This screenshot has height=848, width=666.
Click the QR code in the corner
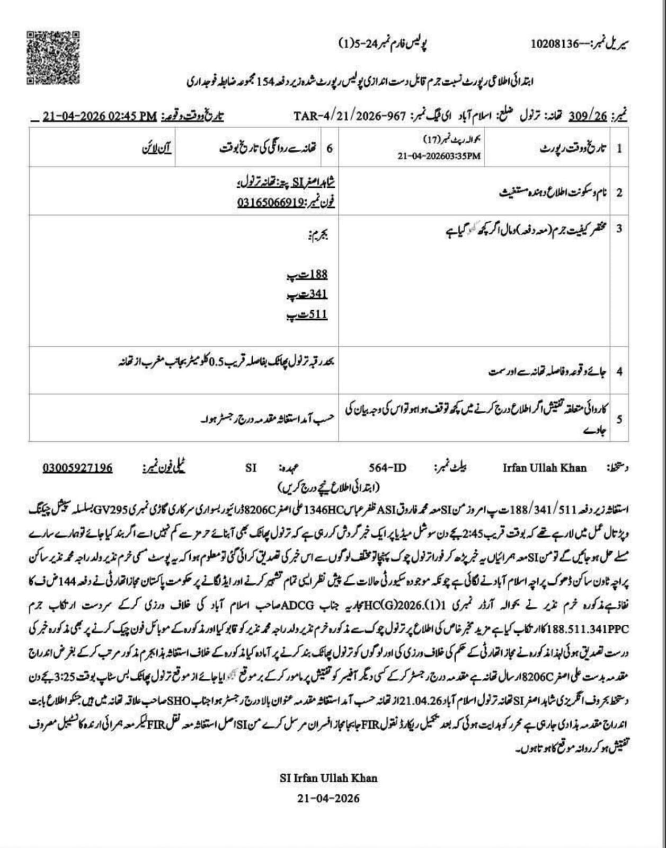(x=53, y=57)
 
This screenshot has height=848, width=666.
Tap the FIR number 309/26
(x=587, y=116)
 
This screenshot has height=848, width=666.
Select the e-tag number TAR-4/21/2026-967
(x=350, y=116)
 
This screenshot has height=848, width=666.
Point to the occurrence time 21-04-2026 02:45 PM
(x=100, y=116)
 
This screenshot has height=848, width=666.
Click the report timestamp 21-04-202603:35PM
(x=439, y=156)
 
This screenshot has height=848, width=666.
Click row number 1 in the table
(x=619, y=148)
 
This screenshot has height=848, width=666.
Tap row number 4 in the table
(x=619, y=371)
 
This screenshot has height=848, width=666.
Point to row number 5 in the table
(x=619, y=419)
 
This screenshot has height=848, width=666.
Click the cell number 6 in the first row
(x=330, y=148)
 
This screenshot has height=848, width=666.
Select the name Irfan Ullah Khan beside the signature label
(x=544, y=468)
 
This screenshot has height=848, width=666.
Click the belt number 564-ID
(x=388, y=468)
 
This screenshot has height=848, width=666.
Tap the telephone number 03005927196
(x=77, y=468)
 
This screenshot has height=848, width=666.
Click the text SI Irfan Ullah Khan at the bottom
(x=328, y=779)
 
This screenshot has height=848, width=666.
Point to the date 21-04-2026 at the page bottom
(x=328, y=798)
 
